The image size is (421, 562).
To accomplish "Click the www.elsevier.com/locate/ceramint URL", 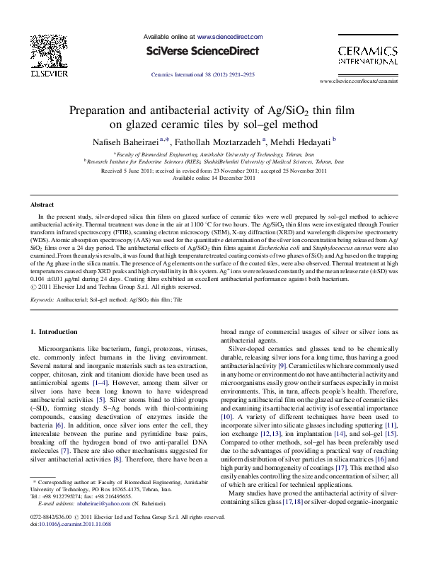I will click(364, 82).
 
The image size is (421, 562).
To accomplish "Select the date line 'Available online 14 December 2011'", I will click(210, 178).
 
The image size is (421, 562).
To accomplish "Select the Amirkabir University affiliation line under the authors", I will click(210, 154).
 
